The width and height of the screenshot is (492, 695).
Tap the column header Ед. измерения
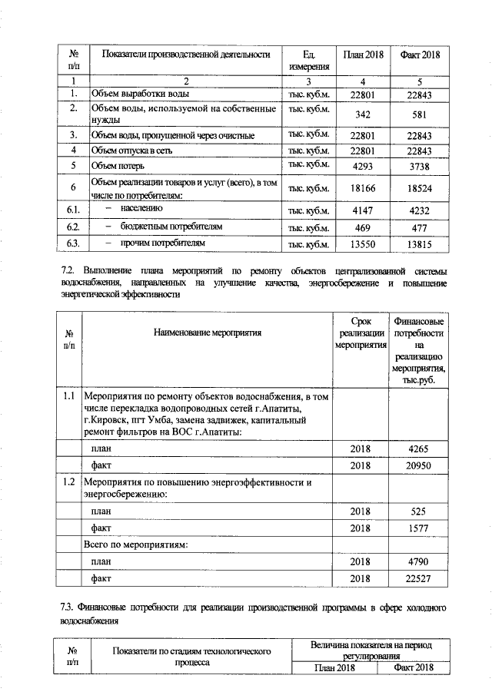[310, 61]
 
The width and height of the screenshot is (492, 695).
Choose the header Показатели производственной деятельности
[181, 55]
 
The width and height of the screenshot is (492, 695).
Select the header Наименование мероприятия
[207, 333]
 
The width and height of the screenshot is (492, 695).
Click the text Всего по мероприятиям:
[135, 544]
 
